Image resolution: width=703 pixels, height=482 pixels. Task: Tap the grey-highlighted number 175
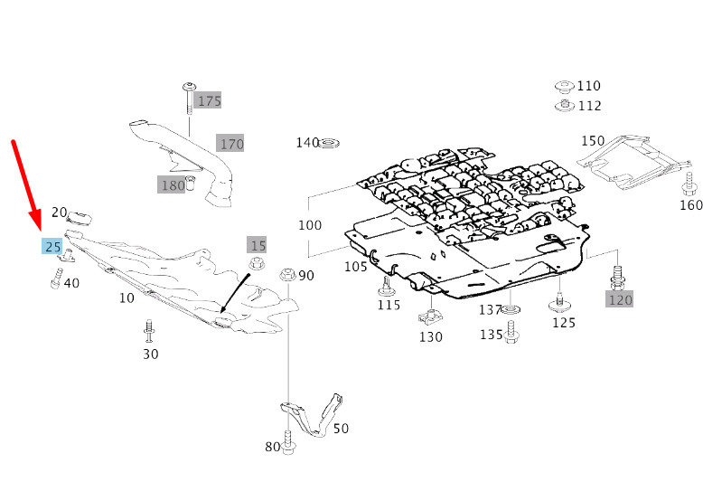tap(209, 100)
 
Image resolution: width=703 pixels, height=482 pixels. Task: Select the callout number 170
tap(230, 143)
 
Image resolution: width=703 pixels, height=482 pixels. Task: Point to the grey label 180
tap(172, 184)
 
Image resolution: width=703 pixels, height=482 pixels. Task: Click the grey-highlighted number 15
tap(257, 245)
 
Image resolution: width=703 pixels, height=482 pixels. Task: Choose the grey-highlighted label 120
tap(619, 299)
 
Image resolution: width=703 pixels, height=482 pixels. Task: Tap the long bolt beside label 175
tap(188, 99)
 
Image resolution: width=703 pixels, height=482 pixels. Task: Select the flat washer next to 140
tap(329, 144)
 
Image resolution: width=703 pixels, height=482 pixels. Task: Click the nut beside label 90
tap(287, 274)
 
